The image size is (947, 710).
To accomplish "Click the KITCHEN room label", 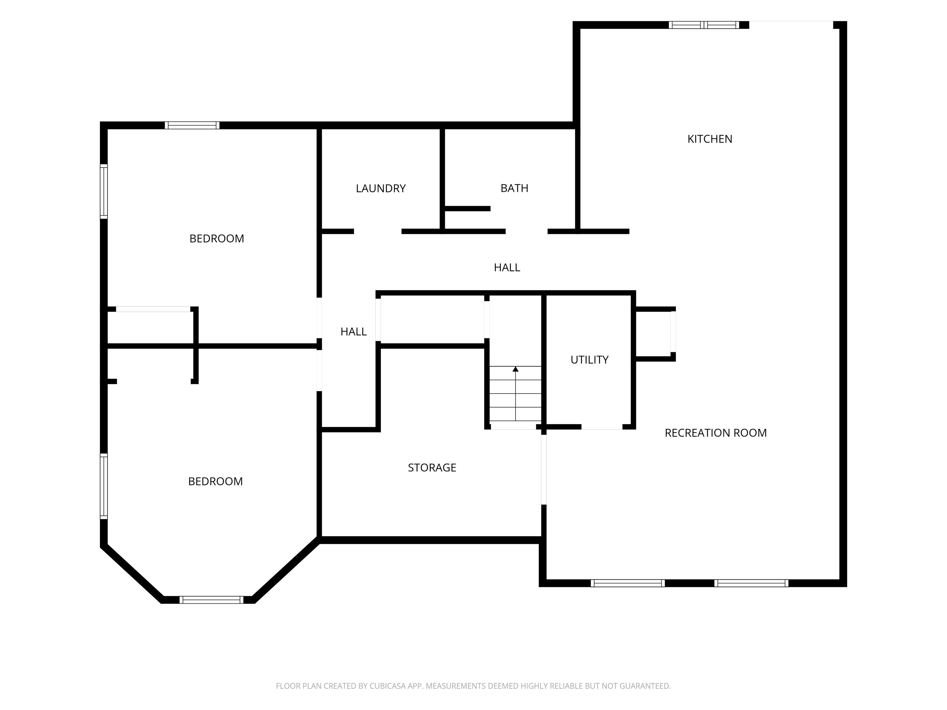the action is coord(710,139).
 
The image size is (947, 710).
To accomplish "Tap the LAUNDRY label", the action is coord(381,188).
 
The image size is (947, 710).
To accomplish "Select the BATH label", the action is coord(514,188).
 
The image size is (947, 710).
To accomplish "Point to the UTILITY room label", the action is coord(589,360).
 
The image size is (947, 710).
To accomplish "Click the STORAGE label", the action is coord(432,468).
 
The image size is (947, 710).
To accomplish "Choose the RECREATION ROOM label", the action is coord(715,433).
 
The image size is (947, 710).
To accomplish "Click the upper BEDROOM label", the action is coord(217,239).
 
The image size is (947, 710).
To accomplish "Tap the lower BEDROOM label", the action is coord(215,481).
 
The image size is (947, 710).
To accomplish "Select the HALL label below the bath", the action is coord(507,267).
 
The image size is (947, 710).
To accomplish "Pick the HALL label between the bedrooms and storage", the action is coord(354,332).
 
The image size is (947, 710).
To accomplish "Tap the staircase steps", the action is coord(515,394).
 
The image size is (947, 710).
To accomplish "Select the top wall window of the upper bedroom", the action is coord(192,125).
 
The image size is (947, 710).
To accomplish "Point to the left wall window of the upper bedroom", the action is coord(104,191).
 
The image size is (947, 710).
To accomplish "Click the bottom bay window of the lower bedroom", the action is coord(211,600).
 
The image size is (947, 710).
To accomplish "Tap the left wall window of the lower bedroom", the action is coord(104,486).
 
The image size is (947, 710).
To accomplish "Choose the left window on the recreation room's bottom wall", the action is coord(628,583).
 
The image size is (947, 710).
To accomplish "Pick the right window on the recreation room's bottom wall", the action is coord(751,583).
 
